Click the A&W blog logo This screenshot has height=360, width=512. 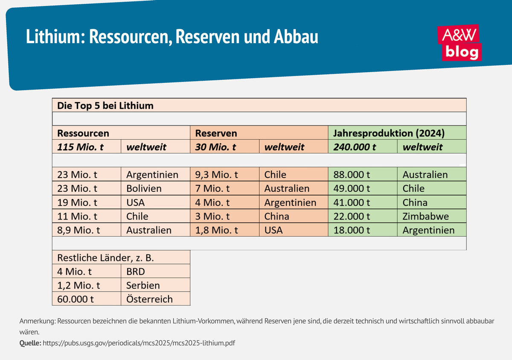point(459,43)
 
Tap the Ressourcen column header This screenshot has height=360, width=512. point(83,133)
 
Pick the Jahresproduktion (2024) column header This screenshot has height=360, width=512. point(389,133)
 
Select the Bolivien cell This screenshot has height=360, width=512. point(144,188)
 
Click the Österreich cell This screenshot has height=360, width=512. point(149,299)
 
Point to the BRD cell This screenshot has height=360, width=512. point(136,271)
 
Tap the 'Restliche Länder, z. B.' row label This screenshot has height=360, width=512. point(105,258)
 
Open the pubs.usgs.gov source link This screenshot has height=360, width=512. point(139,343)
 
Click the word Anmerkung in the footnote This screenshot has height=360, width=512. point(37,321)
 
